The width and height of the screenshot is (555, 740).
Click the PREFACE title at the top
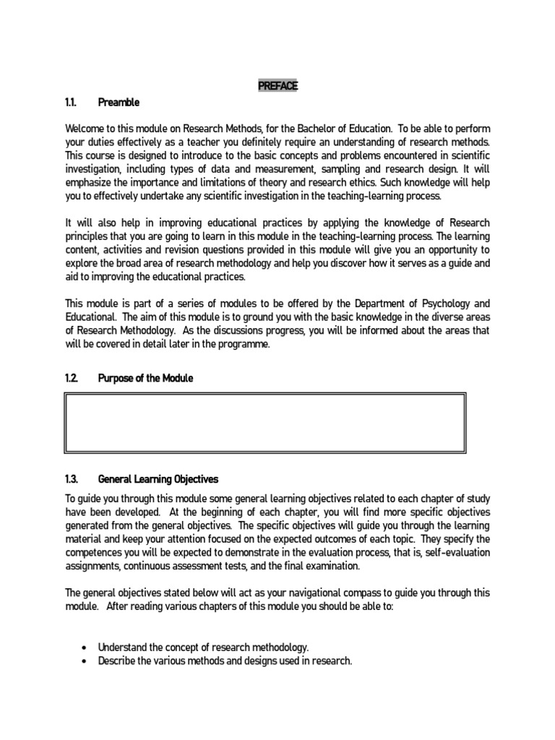[277, 86]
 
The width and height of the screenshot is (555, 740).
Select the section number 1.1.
[71, 103]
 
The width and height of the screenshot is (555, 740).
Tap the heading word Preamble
[118, 103]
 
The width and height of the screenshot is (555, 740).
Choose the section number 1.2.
[72, 379]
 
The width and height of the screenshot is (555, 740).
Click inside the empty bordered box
[265, 423]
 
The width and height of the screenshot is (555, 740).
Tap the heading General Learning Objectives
[158, 479]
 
